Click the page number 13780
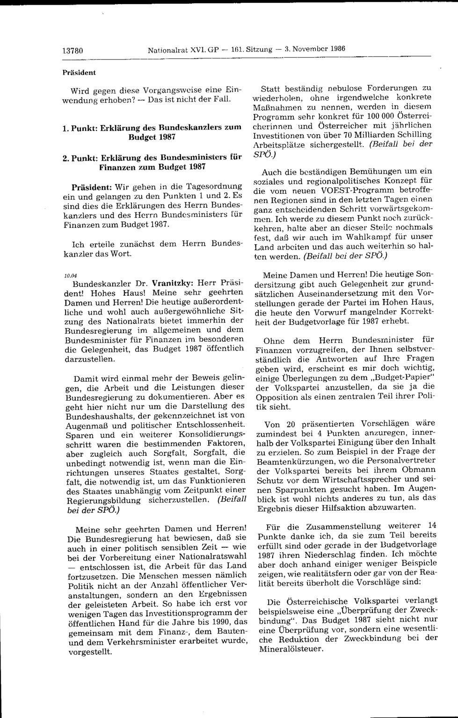click(x=73, y=49)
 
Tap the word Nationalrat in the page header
click(x=163, y=49)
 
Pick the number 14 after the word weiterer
click(x=432, y=525)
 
